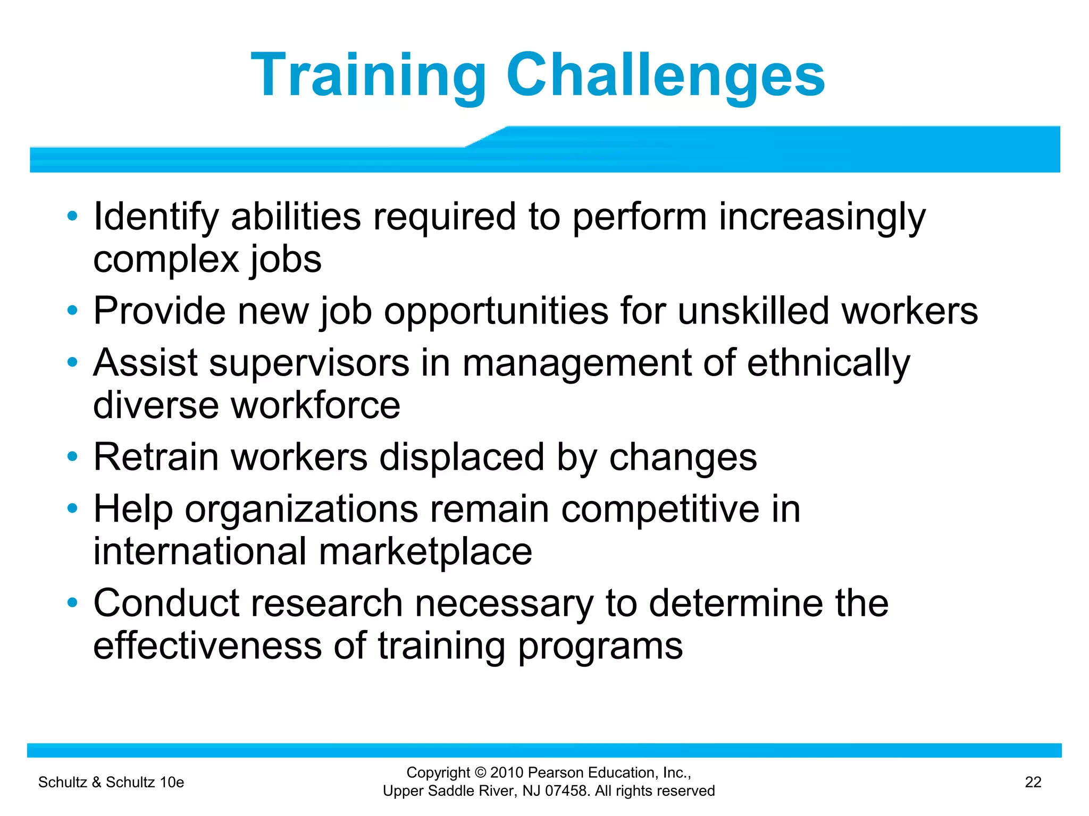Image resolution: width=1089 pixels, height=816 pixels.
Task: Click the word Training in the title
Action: (x=368, y=75)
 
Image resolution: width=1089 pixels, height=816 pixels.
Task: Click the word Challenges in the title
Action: (x=665, y=75)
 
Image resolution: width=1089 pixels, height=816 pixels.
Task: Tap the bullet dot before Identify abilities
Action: (x=73, y=216)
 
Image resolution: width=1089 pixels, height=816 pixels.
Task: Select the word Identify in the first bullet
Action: (x=156, y=217)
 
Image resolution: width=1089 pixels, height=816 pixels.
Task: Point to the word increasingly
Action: (x=822, y=217)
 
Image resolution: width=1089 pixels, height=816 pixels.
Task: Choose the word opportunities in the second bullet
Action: (x=496, y=311)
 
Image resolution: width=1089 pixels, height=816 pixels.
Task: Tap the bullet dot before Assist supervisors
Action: (x=73, y=363)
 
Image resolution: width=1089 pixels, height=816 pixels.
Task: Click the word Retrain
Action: (x=156, y=457)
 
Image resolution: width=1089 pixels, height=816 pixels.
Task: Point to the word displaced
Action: (x=462, y=457)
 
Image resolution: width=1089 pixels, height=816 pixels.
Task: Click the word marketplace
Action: (x=425, y=552)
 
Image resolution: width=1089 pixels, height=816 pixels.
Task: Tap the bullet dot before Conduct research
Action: (x=73, y=603)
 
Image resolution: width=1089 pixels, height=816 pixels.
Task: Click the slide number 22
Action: (x=1033, y=782)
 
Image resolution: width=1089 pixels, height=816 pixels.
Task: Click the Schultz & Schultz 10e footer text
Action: (x=111, y=782)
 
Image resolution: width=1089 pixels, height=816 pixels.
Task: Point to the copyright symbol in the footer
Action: (x=481, y=773)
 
